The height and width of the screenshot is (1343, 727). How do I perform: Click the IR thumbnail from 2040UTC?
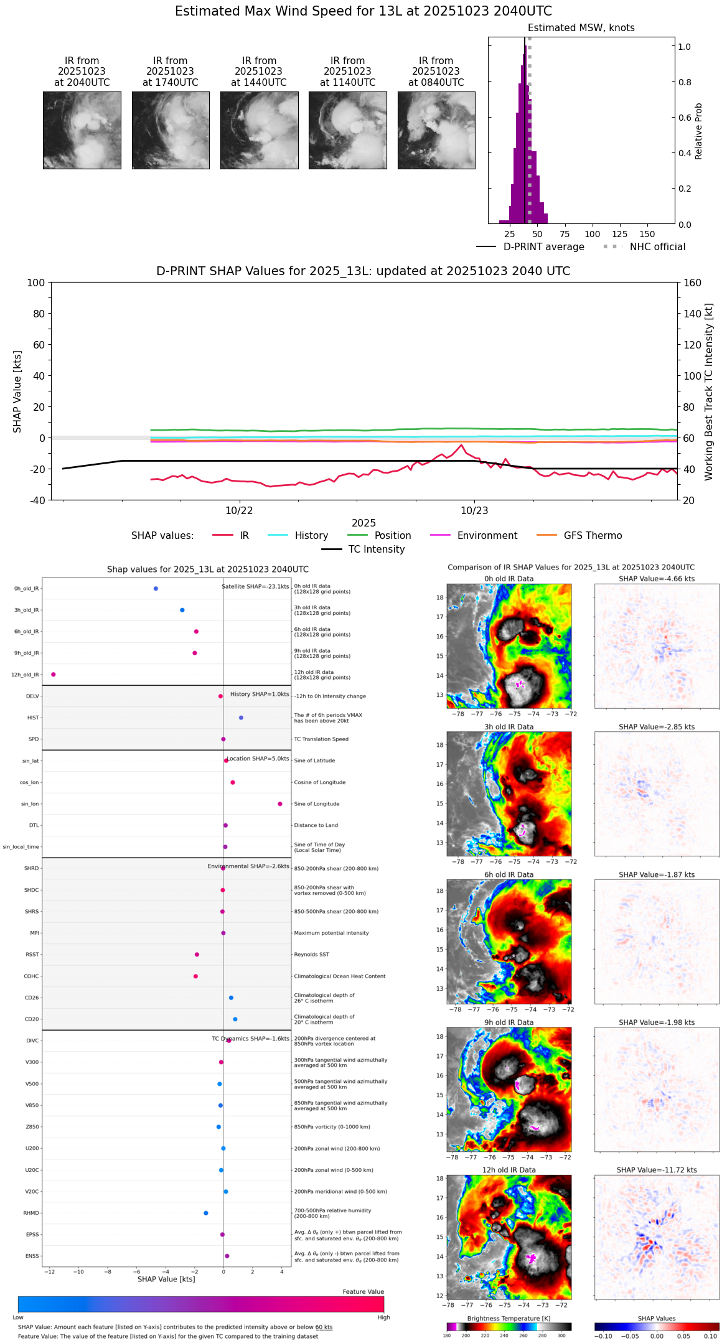(x=82, y=130)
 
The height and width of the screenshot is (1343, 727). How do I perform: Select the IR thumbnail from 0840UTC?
(x=436, y=130)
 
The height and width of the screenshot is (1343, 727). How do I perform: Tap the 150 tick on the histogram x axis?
(x=647, y=234)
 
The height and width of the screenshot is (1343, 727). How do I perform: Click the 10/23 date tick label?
(x=474, y=511)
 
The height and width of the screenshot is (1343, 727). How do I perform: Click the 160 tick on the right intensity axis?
(x=693, y=283)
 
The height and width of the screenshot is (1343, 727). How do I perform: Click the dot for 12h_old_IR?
(x=54, y=675)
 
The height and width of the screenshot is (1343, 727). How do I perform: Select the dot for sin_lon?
(x=280, y=804)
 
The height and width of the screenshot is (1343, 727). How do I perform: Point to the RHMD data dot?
(x=206, y=1213)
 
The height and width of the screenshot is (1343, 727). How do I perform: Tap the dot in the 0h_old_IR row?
(x=156, y=589)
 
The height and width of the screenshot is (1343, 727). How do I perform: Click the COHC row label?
(x=31, y=976)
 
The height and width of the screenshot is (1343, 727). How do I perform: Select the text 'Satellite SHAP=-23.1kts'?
(x=255, y=586)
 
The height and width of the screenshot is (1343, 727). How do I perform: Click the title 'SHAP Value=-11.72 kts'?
(x=657, y=1170)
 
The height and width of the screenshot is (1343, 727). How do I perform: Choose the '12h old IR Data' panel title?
(x=509, y=1170)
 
